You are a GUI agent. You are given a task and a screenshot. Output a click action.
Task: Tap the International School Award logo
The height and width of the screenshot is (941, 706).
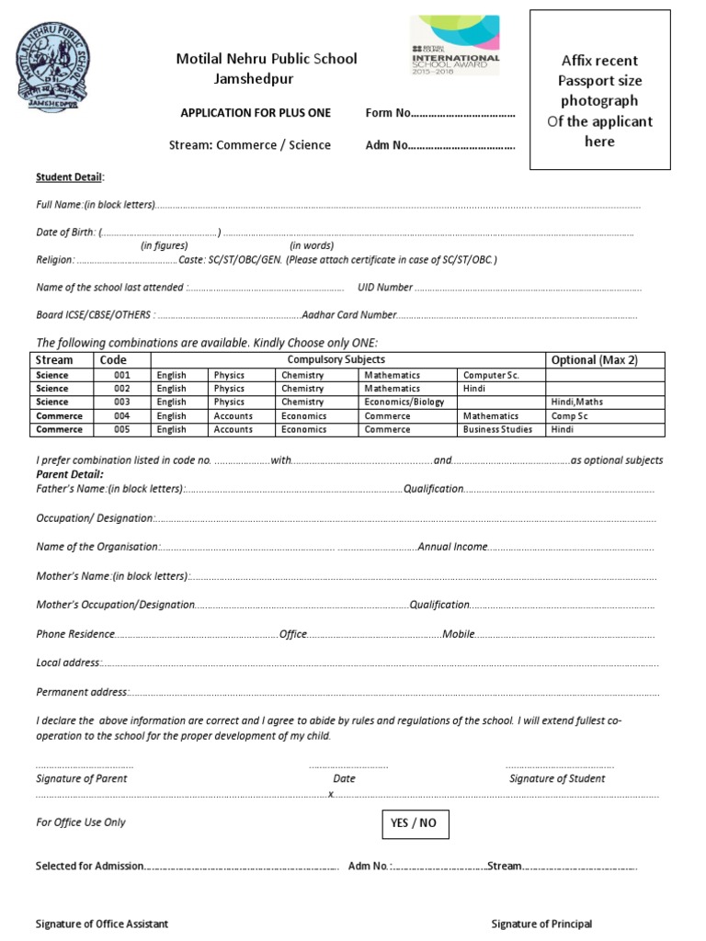(x=456, y=45)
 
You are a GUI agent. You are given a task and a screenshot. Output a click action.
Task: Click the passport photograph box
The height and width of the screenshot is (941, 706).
(x=599, y=90)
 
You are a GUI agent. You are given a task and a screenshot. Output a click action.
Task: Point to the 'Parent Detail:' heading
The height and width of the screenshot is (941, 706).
(x=70, y=473)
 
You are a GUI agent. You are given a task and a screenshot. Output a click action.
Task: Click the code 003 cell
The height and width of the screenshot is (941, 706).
(x=122, y=402)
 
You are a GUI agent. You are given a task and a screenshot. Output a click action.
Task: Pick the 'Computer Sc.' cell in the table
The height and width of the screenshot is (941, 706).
(x=491, y=375)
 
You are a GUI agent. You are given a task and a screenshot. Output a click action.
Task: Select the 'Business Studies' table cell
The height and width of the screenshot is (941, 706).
(x=497, y=429)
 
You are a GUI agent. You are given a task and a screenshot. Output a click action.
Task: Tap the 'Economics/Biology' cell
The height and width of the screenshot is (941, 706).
(x=404, y=402)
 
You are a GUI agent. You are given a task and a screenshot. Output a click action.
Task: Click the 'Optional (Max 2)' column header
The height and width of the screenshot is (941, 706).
(x=593, y=360)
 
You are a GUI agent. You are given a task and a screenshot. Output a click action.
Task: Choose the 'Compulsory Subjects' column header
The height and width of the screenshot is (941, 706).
(x=336, y=359)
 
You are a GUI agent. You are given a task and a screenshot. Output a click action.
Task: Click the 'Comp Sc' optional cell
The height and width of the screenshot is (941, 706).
(x=569, y=416)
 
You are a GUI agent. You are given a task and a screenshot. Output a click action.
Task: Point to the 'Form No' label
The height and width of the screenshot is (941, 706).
(x=386, y=113)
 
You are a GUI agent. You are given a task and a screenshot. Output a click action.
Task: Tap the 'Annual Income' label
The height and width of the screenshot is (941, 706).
(x=451, y=547)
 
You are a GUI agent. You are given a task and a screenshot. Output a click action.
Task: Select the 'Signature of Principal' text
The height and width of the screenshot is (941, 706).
(x=541, y=924)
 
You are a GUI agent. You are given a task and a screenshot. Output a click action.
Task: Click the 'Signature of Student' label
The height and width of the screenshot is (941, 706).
(x=557, y=778)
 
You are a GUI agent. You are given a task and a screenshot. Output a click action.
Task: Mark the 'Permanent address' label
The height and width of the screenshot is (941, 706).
(x=81, y=692)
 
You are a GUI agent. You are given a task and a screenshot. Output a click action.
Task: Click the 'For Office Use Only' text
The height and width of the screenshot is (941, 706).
(x=81, y=822)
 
